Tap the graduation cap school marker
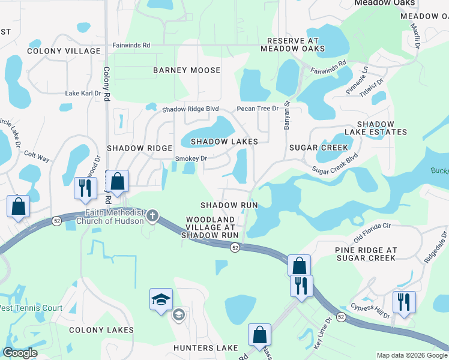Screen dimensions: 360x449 (x=160, y=299)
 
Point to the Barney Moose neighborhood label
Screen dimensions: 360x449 (x=187, y=70)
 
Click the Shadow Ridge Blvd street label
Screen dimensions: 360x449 (x=190, y=109)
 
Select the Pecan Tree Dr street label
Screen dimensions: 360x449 (x=258, y=109)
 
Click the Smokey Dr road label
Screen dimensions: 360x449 (x=191, y=158)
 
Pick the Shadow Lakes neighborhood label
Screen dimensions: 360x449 (x=224, y=142)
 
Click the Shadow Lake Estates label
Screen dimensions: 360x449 (x=376, y=127)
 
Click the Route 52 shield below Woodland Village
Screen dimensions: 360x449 (x=235, y=248)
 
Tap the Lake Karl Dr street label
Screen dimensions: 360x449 (x=83, y=94)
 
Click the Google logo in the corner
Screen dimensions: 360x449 (x=20, y=353)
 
